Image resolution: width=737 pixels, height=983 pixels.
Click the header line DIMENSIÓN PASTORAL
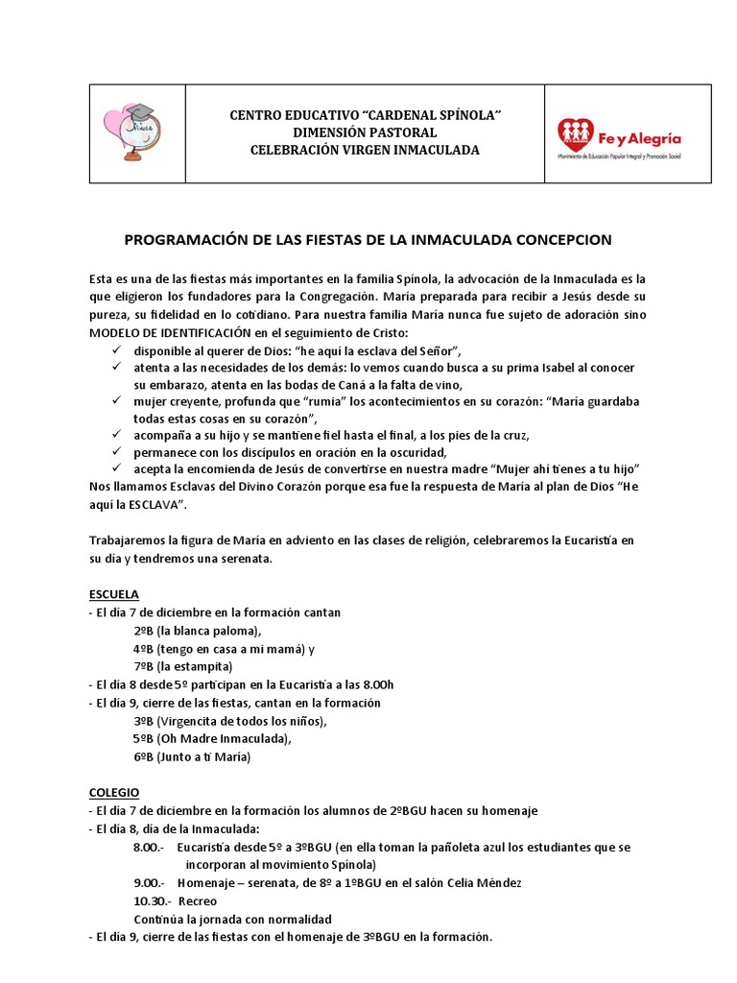pos(366,132)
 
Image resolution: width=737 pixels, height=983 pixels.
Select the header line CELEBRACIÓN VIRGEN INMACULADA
pos(366,150)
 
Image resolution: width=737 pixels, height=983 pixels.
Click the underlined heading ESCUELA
pos(113,593)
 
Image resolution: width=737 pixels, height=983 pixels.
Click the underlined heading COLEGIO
pos(113,792)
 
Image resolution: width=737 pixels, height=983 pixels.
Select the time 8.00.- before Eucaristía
pos(150,849)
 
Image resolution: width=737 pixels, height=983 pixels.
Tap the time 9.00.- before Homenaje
pos(150,883)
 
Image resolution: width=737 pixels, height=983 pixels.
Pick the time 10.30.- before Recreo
pos(153,901)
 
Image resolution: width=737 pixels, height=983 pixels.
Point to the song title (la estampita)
pos(197,666)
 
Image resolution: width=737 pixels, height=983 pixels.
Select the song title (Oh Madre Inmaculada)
pos(226,738)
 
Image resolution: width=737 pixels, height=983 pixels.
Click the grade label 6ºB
pos(144,757)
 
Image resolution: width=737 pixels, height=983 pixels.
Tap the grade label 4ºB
pos(144,648)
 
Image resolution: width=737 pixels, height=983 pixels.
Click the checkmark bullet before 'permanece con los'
pos(115,451)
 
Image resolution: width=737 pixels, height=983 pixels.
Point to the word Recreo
pos(198,901)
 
